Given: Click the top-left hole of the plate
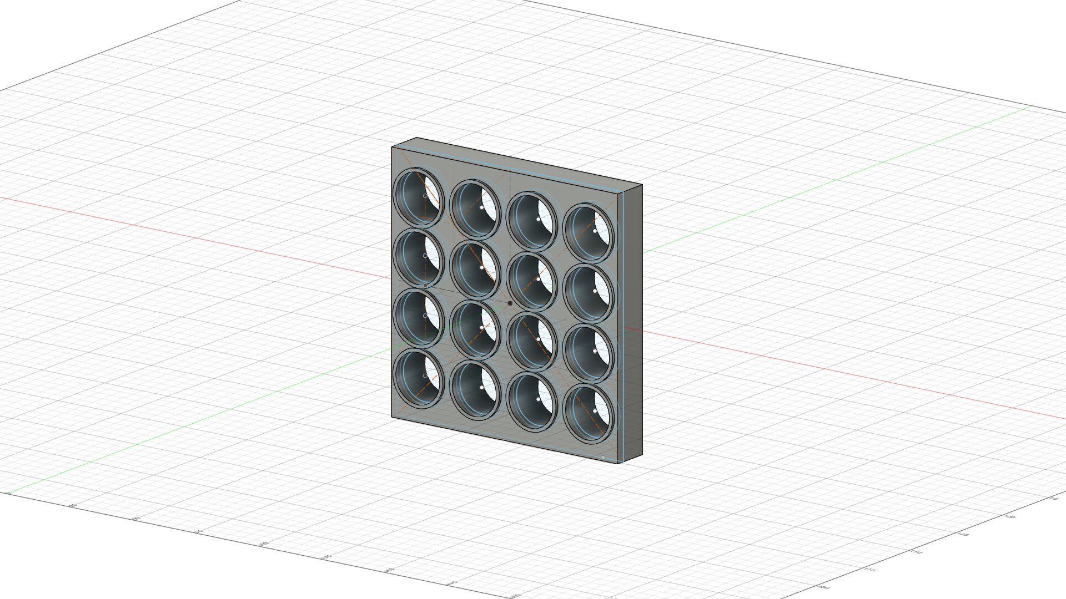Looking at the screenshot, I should point(419,197).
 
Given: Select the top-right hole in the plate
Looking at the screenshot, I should point(589,232).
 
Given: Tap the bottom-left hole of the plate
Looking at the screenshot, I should point(419,378).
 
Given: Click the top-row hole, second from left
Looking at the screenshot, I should point(475,209).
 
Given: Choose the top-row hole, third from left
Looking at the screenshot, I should point(532,221).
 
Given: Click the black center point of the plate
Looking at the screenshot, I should point(510,303).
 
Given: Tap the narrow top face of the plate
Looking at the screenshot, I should point(516,162).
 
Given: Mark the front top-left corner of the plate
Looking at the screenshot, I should point(392,147).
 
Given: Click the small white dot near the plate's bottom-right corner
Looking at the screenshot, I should point(603,458).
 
